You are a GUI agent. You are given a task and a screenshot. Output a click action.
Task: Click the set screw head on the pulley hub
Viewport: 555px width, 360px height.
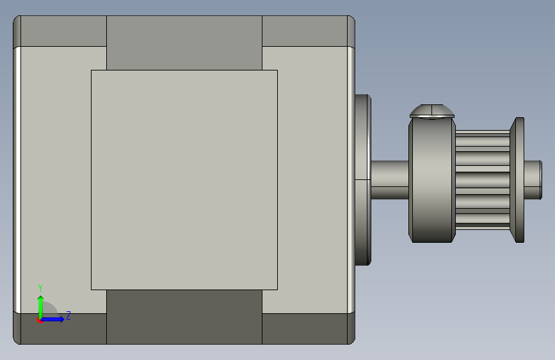(432, 111)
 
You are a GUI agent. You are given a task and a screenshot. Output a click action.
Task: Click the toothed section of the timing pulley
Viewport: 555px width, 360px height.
(483, 180)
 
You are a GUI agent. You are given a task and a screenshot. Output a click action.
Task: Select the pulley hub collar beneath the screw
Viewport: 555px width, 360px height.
(432, 180)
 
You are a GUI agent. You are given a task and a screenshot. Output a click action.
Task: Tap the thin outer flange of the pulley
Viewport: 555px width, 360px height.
(517, 180)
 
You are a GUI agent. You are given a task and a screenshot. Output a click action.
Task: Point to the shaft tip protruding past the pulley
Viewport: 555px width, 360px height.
(533, 180)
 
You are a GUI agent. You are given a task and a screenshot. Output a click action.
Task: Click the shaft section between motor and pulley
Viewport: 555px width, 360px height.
(390, 180)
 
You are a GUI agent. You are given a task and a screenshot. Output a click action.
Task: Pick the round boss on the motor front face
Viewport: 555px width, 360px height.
(363, 180)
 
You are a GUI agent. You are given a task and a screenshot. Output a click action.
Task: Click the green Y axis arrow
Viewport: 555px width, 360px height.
(41, 307)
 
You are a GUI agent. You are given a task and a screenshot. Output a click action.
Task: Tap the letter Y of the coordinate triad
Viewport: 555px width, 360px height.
(40, 288)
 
